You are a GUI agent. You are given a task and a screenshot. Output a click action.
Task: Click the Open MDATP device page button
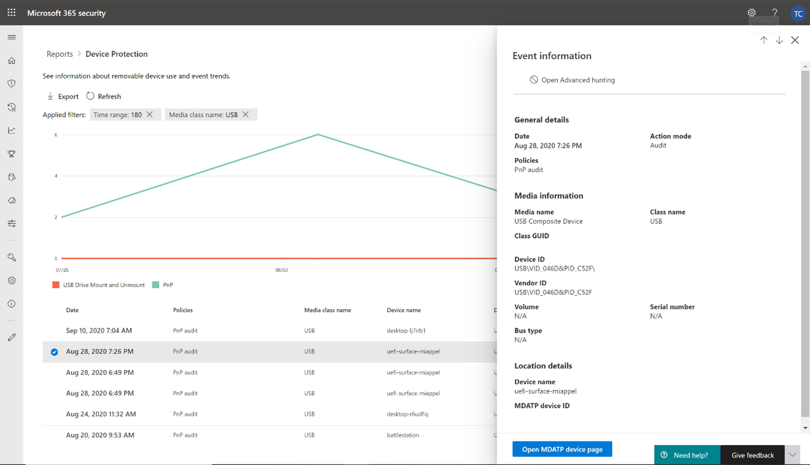pyautogui.click(x=562, y=449)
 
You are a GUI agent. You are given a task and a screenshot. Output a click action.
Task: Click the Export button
pyautogui.click(x=63, y=96)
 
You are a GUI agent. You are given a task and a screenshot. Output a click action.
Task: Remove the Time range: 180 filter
pyautogui.click(x=149, y=114)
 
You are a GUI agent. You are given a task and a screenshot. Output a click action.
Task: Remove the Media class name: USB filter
pyautogui.click(x=246, y=114)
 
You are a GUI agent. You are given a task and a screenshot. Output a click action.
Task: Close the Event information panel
pyautogui.click(x=795, y=40)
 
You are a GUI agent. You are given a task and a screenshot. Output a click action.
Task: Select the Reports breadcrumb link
pyautogui.click(x=60, y=54)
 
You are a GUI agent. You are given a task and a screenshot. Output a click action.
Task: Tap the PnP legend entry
pyautogui.click(x=163, y=285)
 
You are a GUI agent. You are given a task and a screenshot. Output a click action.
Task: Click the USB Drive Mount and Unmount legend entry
pyautogui.click(x=98, y=285)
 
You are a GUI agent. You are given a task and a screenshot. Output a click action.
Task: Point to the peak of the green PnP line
pyautogui.click(x=318, y=135)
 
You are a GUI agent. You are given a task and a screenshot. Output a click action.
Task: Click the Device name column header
pyautogui.click(x=404, y=310)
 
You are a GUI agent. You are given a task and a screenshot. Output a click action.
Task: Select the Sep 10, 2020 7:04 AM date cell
pyautogui.click(x=98, y=330)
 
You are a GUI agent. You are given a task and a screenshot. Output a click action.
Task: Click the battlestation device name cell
pyautogui.click(x=403, y=435)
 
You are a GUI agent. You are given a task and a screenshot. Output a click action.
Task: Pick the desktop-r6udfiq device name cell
pyautogui.click(x=407, y=414)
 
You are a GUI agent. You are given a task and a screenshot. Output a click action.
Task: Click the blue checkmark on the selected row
pyautogui.click(x=55, y=352)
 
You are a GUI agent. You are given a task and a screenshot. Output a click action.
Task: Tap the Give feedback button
pyautogui.click(x=753, y=455)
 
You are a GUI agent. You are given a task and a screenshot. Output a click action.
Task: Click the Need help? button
pyautogui.click(x=687, y=455)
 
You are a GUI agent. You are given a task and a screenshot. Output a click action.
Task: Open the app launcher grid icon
pyautogui.click(x=12, y=13)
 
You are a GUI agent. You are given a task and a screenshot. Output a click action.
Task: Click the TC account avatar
pyautogui.click(x=798, y=13)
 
